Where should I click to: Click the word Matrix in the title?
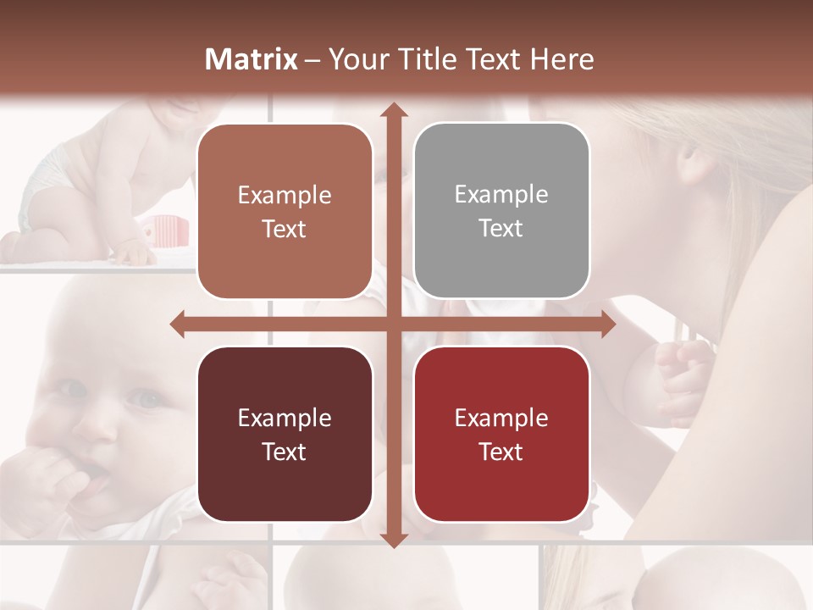tap(252, 59)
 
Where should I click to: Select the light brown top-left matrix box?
tap(285, 211)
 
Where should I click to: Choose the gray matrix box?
tap(501, 211)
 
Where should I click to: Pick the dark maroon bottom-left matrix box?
tap(285, 434)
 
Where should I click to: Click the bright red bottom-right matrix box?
tap(501, 434)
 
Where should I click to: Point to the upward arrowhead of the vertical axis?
tap(393, 111)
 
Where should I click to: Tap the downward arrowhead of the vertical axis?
tap(393, 540)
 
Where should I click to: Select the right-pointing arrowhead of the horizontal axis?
tap(607, 324)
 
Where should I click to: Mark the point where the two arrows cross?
tap(393, 324)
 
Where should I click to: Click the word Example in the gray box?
tap(501, 194)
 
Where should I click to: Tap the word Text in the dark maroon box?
tap(284, 452)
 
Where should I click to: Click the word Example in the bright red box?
tap(501, 418)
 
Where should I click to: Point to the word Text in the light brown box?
tap(284, 229)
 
